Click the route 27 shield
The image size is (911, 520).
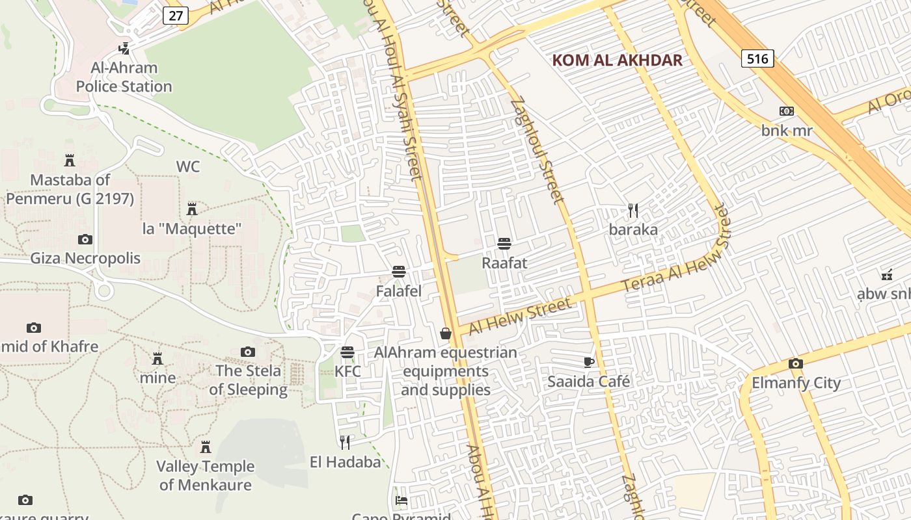pos(176,16)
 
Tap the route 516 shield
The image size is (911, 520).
pos(757,59)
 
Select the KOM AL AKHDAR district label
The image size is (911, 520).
pos(617,60)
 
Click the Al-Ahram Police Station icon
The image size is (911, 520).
pos(124,48)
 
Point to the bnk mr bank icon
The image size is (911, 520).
pos(787,111)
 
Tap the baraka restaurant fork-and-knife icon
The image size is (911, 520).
pos(632,210)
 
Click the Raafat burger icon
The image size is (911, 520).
pos(504,244)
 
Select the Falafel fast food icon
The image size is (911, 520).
pos(399,272)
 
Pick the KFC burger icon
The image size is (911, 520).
pos(347,352)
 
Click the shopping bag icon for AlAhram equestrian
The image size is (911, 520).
pos(446,333)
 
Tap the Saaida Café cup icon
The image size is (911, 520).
pos(588,362)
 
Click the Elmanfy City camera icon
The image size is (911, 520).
pos(796,363)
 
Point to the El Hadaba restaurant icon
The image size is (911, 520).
pos(345,443)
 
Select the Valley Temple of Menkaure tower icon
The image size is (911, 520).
pos(206,447)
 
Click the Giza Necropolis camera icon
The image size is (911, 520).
pos(85,239)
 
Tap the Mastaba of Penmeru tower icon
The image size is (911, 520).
pos(70,160)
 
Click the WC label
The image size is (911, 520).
pos(187,166)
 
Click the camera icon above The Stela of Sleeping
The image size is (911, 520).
pos(248,352)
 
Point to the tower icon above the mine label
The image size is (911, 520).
pos(157,359)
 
